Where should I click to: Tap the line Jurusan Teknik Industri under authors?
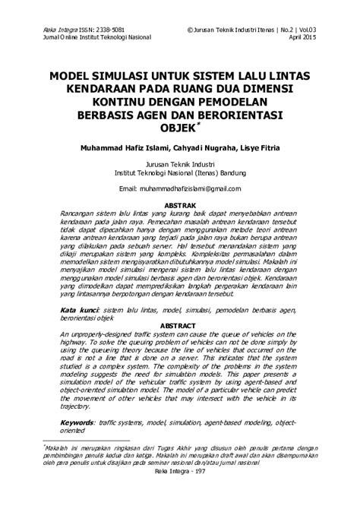[x=180, y=163]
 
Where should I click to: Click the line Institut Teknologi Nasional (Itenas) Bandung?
[x=180, y=172]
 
